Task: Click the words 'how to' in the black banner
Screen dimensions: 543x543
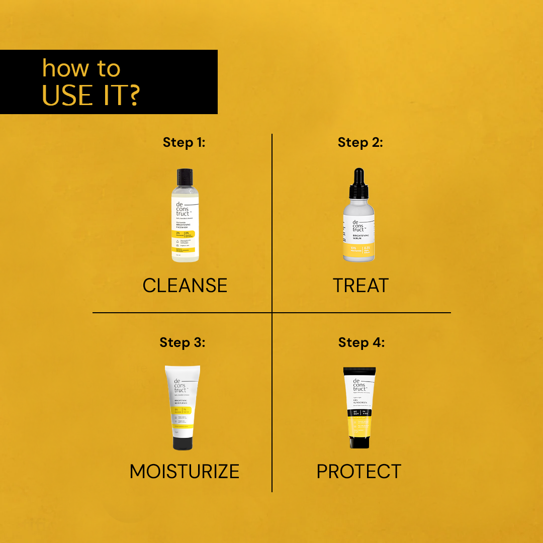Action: (x=81, y=69)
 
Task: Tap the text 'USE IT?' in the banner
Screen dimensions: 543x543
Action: (x=90, y=96)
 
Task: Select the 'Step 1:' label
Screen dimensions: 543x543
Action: (x=184, y=142)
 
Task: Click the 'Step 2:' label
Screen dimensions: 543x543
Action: (x=360, y=142)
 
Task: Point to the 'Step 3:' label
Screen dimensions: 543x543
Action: (x=182, y=342)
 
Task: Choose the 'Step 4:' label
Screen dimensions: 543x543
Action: (x=361, y=342)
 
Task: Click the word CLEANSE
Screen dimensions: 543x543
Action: (x=185, y=286)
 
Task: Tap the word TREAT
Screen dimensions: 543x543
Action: (x=360, y=286)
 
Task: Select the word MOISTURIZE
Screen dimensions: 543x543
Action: (x=184, y=472)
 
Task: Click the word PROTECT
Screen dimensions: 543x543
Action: (x=358, y=472)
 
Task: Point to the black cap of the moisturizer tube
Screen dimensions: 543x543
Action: (x=182, y=442)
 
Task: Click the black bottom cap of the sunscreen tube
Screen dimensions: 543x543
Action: (x=359, y=442)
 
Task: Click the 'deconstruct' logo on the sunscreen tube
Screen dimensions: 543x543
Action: (x=359, y=385)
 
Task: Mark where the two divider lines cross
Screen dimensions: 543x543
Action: (x=272, y=313)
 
